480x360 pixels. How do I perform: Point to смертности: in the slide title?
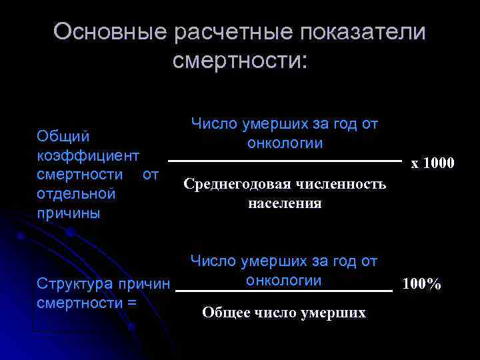pyautogui.click(x=240, y=61)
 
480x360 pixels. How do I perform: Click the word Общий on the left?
pyautogui.click(x=63, y=136)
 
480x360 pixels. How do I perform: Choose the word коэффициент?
pyautogui.click(x=88, y=155)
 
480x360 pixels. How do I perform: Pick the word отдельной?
pyautogui.click(x=77, y=194)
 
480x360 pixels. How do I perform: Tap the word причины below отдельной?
pyautogui.click(x=69, y=213)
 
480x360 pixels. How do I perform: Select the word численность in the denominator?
pyautogui.click(x=340, y=184)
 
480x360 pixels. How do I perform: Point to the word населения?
pyautogui.click(x=285, y=203)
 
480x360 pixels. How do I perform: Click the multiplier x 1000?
pyautogui.click(x=433, y=163)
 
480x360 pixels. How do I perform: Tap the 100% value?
pyautogui.click(x=421, y=285)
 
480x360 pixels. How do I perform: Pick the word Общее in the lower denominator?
pyautogui.click(x=227, y=312)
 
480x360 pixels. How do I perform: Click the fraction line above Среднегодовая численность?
pyautogui.click(x=285, y=161)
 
